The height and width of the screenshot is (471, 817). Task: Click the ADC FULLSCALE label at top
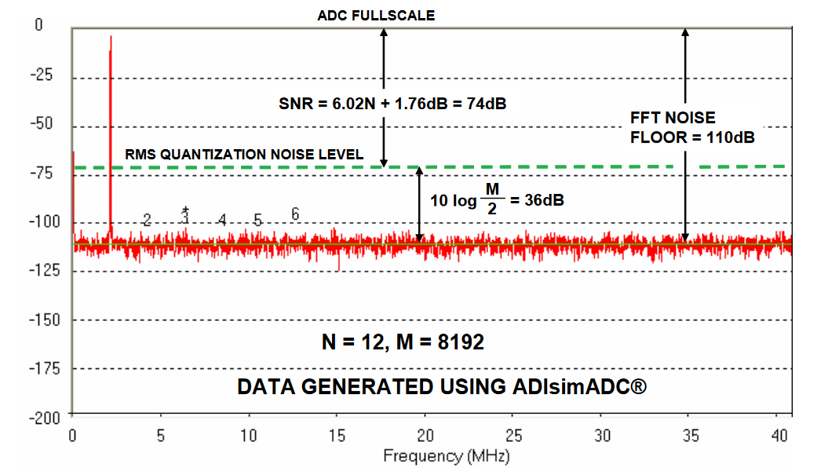point(375,15)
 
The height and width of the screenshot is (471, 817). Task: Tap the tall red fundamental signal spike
point(111,118)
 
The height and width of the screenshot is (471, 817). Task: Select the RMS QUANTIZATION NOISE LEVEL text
point(244,155)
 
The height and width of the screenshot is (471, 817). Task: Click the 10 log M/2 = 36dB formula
point(496,199)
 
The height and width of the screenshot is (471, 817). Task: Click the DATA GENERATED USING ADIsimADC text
point(442,387)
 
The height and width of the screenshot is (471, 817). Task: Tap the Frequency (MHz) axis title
point(446,455)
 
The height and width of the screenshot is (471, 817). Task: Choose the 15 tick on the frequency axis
point(337,434)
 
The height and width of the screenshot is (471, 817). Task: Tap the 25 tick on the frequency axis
point(513,434)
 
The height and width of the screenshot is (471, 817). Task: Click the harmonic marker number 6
point(295,214)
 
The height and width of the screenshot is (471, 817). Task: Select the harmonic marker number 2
point(147,220)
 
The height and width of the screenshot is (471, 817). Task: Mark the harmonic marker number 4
point(222,220)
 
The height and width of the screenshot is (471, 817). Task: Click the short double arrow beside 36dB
point(420,204)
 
